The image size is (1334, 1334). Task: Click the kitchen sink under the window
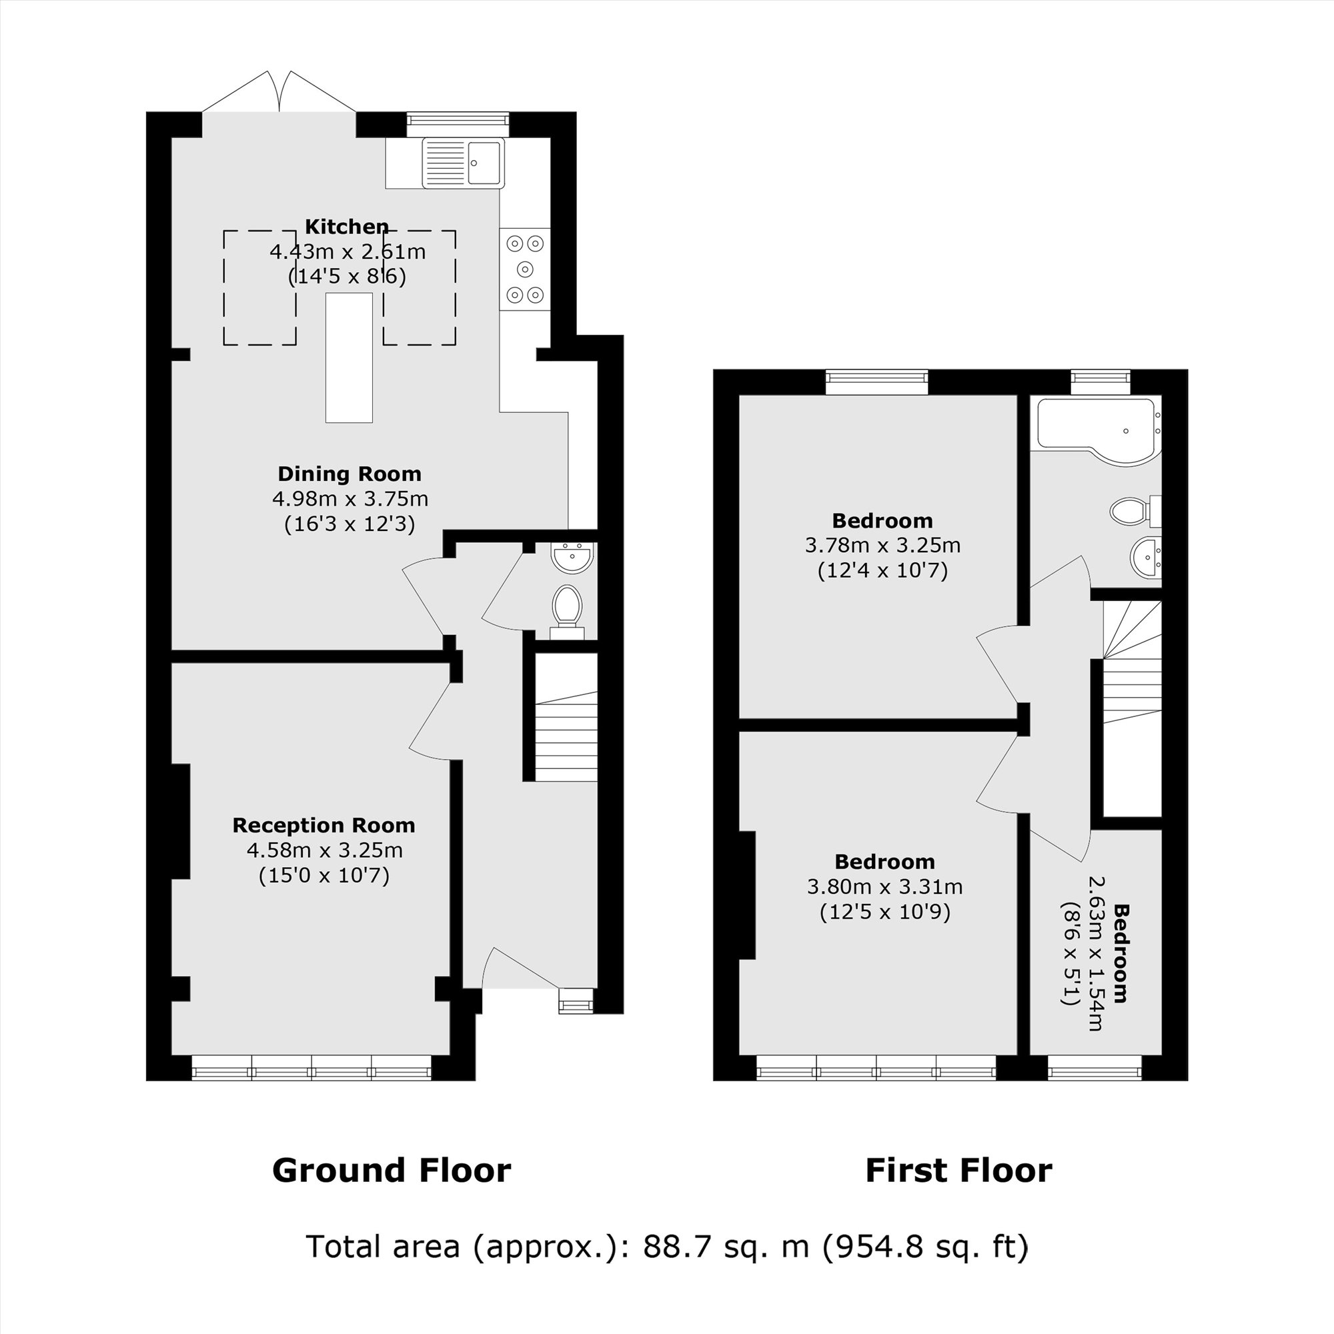[x=464, y=163]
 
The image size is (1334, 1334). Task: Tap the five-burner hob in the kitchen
[x=525, y=269]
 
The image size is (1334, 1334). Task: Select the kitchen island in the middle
[x=349, y=358]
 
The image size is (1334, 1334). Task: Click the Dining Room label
[x=350, y=474]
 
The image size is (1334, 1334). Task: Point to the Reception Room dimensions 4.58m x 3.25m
[x=325, y=850]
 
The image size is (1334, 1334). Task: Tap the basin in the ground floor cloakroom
[x=572, y=556]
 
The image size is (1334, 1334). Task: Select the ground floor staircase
[x=567, y=734]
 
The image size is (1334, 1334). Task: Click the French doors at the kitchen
[x=279, y=93]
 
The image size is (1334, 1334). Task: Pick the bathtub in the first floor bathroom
[x=1097, y=429]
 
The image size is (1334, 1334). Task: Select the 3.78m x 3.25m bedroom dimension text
[x=882, y=546]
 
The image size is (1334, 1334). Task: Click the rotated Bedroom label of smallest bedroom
[x=1120, y=953]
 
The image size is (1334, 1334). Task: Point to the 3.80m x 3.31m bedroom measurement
[x=884, y=886]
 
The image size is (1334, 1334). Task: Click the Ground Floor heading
[x=392, y=1171]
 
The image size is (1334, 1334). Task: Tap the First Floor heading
[x=958, y=1171]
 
